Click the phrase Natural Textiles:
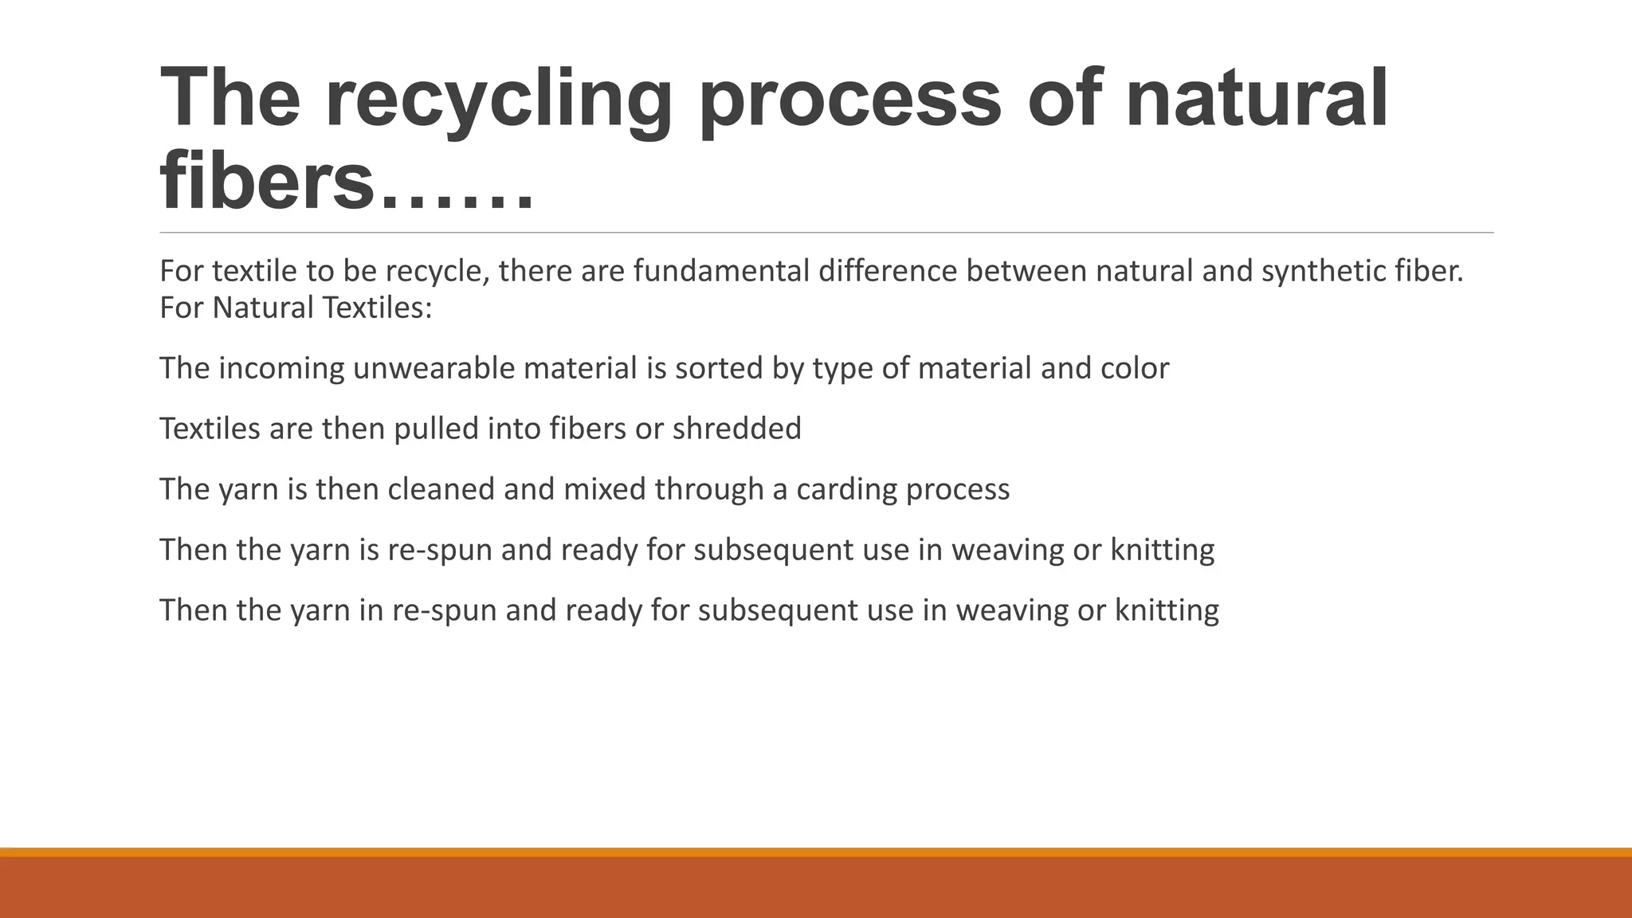coord(322,308)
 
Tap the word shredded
coord(737,430)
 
